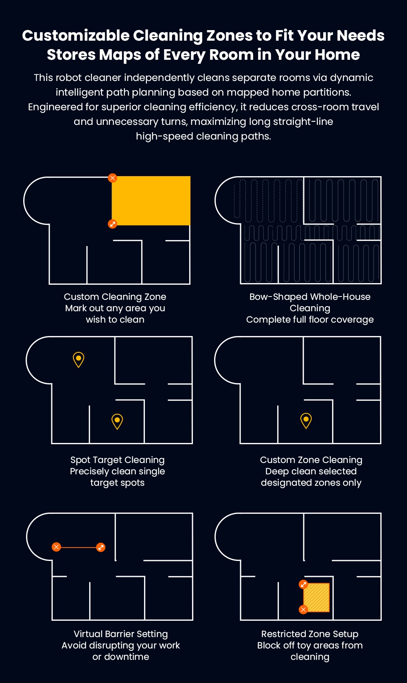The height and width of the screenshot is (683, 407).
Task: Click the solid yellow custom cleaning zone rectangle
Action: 151,201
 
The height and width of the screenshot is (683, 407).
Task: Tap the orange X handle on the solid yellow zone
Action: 113,178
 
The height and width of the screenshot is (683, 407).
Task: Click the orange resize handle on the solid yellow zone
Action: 113,224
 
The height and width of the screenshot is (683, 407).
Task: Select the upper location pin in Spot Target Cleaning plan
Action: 79,359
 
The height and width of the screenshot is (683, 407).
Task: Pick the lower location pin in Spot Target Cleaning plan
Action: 117,421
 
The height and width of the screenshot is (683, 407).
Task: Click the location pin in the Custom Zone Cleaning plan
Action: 306,420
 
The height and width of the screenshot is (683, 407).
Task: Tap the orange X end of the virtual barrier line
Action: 56,547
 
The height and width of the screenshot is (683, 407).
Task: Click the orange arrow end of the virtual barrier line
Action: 101,547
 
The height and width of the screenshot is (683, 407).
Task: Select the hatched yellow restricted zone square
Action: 316,597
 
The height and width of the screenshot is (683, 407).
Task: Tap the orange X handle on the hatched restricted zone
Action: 303,609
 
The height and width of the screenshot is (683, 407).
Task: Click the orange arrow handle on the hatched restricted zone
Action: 303,585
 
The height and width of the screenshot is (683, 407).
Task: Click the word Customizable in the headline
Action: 76,36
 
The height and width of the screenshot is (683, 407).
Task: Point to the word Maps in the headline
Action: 120,55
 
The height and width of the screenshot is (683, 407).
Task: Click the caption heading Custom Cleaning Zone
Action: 115,297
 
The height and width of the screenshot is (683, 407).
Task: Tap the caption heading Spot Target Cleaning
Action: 118,460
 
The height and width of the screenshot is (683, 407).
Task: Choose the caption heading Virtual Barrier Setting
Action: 121,634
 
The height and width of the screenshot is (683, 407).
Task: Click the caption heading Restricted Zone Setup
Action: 310,634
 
